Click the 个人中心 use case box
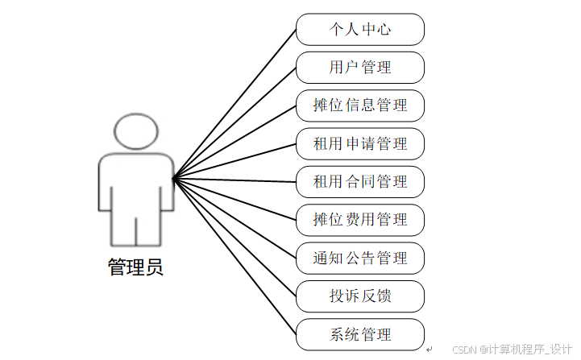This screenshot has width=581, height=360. click(359, 29)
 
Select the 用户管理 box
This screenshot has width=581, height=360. click(359, 67)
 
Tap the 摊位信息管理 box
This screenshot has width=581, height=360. click(359, 106)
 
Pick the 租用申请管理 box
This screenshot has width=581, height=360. click(359, 143)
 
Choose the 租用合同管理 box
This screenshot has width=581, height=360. click(359, 181)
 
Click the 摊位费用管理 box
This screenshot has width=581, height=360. click(359, 219)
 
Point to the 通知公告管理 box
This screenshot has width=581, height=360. click(359, 258)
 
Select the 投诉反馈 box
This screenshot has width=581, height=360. click(359, 296)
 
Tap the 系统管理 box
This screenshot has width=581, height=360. click(359, 334)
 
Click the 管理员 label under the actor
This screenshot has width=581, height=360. click(135, 267)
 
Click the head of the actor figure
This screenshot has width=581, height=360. click(135, 131)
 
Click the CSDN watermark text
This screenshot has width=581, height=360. click(512, 350)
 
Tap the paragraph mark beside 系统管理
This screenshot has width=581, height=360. click(430, 348)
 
